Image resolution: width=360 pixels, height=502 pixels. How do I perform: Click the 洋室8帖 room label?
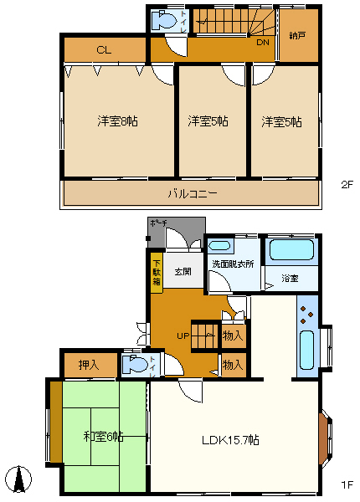click(116, 121)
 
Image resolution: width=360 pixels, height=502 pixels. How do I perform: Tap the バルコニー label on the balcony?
click(192, 193)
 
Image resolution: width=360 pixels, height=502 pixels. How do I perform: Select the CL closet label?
click(103, 50)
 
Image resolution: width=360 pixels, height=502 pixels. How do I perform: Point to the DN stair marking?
click(262, 43)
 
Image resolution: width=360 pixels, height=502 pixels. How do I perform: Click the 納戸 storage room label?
click(298, 37)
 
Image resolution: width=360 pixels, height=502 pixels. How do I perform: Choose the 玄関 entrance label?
click(183, 272)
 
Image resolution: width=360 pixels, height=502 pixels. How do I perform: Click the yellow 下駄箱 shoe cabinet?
click(157, 271)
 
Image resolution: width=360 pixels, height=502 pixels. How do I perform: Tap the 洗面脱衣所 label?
click(234, 264)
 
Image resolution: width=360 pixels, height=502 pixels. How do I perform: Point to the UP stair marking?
click(183, 336)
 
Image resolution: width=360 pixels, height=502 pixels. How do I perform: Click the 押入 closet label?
click(88, 365)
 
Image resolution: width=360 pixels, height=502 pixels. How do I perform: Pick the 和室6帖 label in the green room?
click(104, 436)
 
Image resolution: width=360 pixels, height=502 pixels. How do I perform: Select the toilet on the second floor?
click(167, 21)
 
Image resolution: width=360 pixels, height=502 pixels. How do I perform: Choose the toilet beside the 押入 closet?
click(138, 365)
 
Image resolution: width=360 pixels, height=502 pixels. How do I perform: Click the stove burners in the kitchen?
click(304, 318)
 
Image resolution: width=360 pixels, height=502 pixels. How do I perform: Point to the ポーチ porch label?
click(158, 223)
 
